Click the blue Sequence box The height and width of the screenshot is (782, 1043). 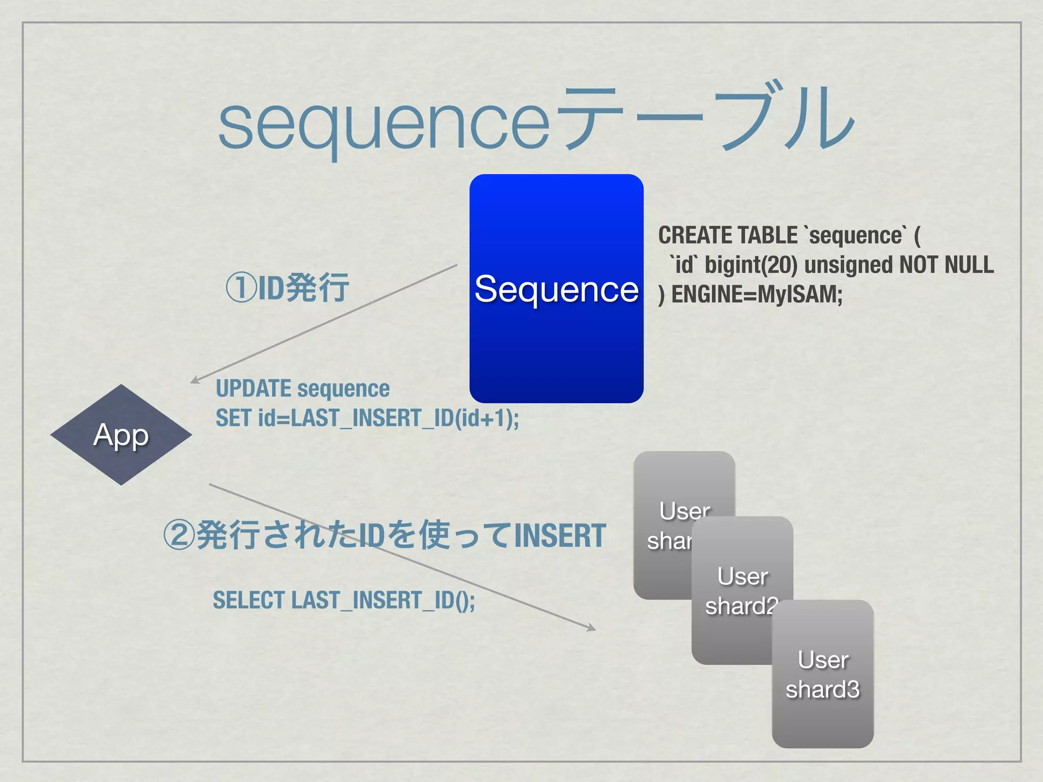pyautogui.click(x=556, y=288)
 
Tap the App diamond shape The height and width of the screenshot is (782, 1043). pyautogui.click(x=121, y=435)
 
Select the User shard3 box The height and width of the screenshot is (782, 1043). pyautogui.click(x=822, y=674)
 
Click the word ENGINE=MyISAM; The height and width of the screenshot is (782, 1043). pyautogui.click(x=757, y=295)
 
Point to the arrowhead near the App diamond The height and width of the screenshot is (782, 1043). pyautogui.click(x=195, y=380)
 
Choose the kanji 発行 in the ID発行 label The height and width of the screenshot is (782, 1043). pyautogui.click(x=317, y=288)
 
